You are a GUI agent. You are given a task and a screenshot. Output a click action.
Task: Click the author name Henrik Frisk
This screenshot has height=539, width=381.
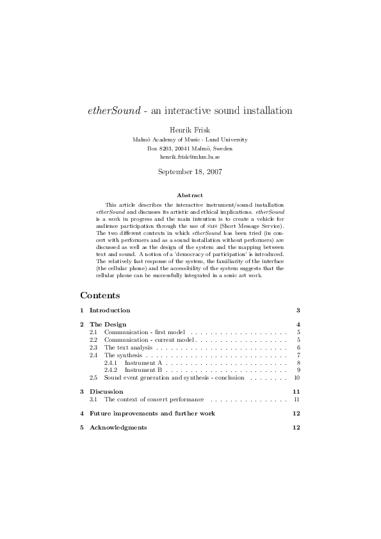tap(190, 129)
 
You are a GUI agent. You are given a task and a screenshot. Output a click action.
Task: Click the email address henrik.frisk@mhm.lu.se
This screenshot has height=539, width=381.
tap(190, 157)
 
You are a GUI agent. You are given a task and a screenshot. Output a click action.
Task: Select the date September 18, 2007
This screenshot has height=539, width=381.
tap(190, 172)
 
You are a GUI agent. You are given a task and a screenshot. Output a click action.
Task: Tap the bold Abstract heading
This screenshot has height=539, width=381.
tap(190, 195)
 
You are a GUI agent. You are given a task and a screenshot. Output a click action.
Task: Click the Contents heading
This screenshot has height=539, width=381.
tap(100, 296)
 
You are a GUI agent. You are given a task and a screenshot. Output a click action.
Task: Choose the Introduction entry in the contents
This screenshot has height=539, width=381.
tap(109, 310)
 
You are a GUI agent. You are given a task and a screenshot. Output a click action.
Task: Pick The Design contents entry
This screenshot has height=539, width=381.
tap(108, 325)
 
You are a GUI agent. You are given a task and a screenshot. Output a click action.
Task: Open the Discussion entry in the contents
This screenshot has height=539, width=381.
tap(106, 391)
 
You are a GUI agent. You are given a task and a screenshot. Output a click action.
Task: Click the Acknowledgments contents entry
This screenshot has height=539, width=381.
tap(118, 427)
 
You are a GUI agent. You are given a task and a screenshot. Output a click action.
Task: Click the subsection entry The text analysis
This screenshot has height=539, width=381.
tap(128, 347)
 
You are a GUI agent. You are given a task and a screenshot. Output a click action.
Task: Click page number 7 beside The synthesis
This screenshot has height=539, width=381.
tap(298, 355)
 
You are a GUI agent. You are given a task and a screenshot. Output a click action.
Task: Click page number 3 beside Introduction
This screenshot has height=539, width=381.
tap(298, 310)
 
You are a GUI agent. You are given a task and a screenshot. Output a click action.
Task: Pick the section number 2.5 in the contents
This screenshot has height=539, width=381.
tap(93, 378)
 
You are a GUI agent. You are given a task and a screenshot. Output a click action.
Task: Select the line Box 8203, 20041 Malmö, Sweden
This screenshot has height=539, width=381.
tap(190, 148)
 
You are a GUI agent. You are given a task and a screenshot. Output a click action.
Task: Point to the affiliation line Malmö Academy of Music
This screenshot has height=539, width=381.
tap(190, 139)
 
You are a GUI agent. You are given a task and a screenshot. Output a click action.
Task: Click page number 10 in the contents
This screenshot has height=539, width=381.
tap(297, 378)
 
